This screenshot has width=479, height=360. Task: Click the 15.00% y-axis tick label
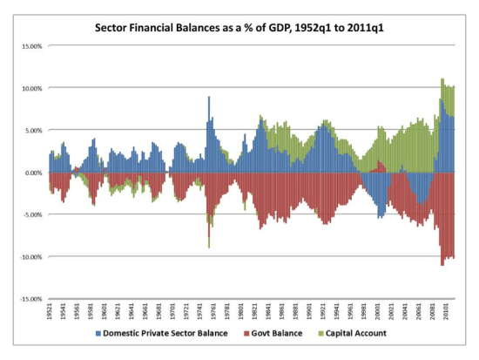[30, 45]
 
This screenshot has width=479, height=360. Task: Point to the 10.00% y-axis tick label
[30, 88]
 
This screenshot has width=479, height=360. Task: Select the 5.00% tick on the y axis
[32, 130]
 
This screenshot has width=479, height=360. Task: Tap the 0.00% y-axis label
[32, 173]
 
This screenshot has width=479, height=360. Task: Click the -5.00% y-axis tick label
[31, 214]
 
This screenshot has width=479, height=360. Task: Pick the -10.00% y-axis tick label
[30, 257]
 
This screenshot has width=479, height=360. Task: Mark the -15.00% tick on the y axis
[30, 299]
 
